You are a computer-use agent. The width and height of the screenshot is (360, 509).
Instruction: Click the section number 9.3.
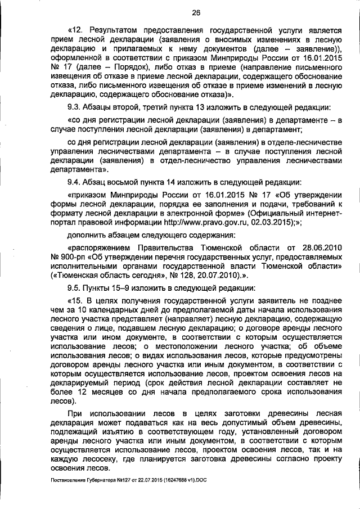(x=74, y=107)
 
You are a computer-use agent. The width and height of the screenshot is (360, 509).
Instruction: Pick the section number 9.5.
(x=74, y=287)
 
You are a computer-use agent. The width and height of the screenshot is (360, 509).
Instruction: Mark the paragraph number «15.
(x=75, y=300)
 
